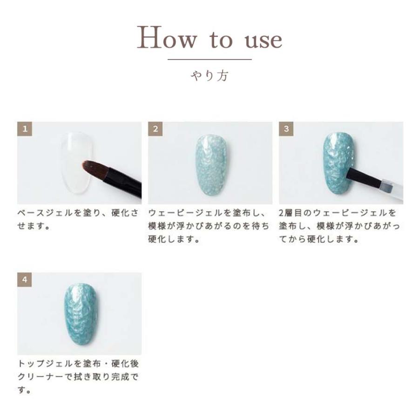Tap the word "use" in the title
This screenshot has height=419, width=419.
(x=263, y=40)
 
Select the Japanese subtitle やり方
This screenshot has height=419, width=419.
(x=209, y=75)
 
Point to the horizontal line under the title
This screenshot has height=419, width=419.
(x=209, y=60)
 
